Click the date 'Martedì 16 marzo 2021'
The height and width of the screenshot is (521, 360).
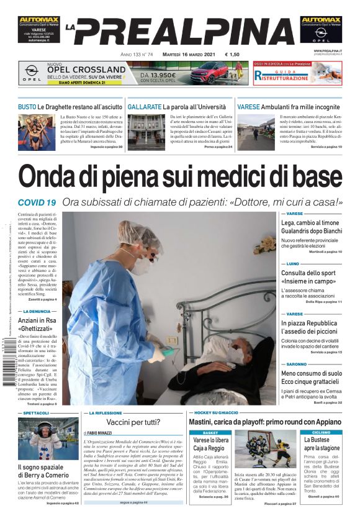pos(185,54)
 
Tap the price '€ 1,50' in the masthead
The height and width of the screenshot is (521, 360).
pos(232,54)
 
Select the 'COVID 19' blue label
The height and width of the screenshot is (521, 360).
pos(37,202)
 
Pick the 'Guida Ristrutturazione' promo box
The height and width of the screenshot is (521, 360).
pos(297,73)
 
